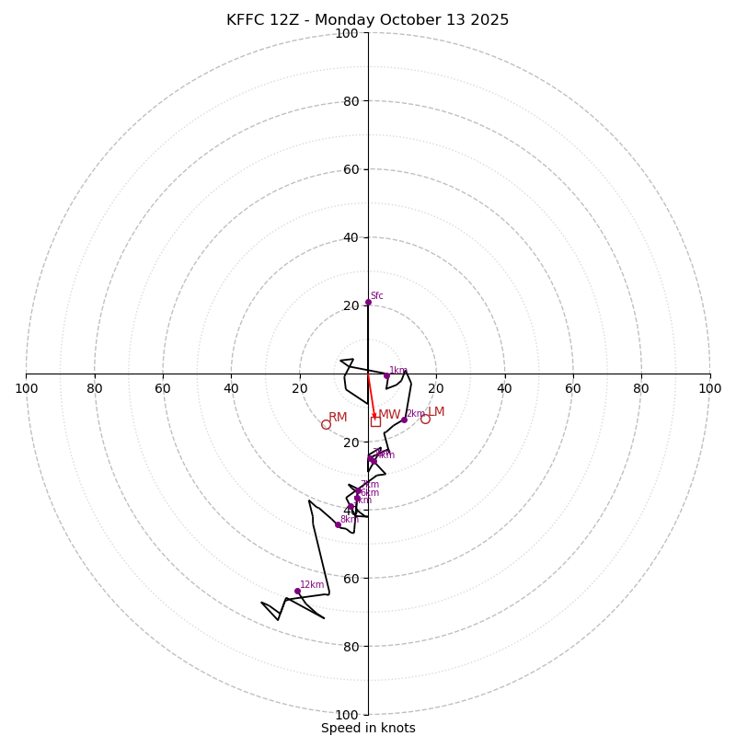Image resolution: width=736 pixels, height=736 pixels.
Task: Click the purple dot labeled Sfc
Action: click(x=368, y=302)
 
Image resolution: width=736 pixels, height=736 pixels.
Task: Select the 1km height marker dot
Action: click(x=386, y=375)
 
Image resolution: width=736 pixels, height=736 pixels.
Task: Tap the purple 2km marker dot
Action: click(x=404, y=420)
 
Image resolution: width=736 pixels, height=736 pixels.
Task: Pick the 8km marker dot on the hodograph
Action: click(x=338, y=524)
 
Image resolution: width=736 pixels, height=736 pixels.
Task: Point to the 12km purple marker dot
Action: click(x=297, y=591)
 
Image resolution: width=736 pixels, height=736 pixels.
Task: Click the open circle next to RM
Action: click(x=326, y=424)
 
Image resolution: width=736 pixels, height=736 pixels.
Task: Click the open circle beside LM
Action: click(x=425, y=419)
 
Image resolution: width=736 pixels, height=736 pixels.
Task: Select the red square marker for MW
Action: click(x=375, y=421)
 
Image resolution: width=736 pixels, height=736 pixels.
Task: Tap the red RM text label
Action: click(x=338, y=418)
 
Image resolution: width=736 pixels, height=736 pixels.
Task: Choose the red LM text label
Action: click(x=436, y=412)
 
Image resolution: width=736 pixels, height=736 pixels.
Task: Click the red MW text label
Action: click(x=390, y=415)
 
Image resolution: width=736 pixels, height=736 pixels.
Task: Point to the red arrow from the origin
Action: click(x=372, y=397)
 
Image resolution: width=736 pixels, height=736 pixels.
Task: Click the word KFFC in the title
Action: click(x=247, y=20)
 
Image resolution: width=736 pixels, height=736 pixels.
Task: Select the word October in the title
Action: click(x=402, y=20)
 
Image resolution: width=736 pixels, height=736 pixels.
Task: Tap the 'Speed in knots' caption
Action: click(x=368, y=728)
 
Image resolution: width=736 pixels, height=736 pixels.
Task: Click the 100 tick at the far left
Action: click(x=26, y=388)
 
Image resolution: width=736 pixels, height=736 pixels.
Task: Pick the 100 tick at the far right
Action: click(x=709, y=388)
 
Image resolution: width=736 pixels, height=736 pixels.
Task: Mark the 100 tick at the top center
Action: click(x=346, y=34)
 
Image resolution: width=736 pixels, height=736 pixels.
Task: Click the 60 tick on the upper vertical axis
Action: click(x=350, y=169)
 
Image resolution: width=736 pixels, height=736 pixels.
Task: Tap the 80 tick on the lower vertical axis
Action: click(x=350, y=647)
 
